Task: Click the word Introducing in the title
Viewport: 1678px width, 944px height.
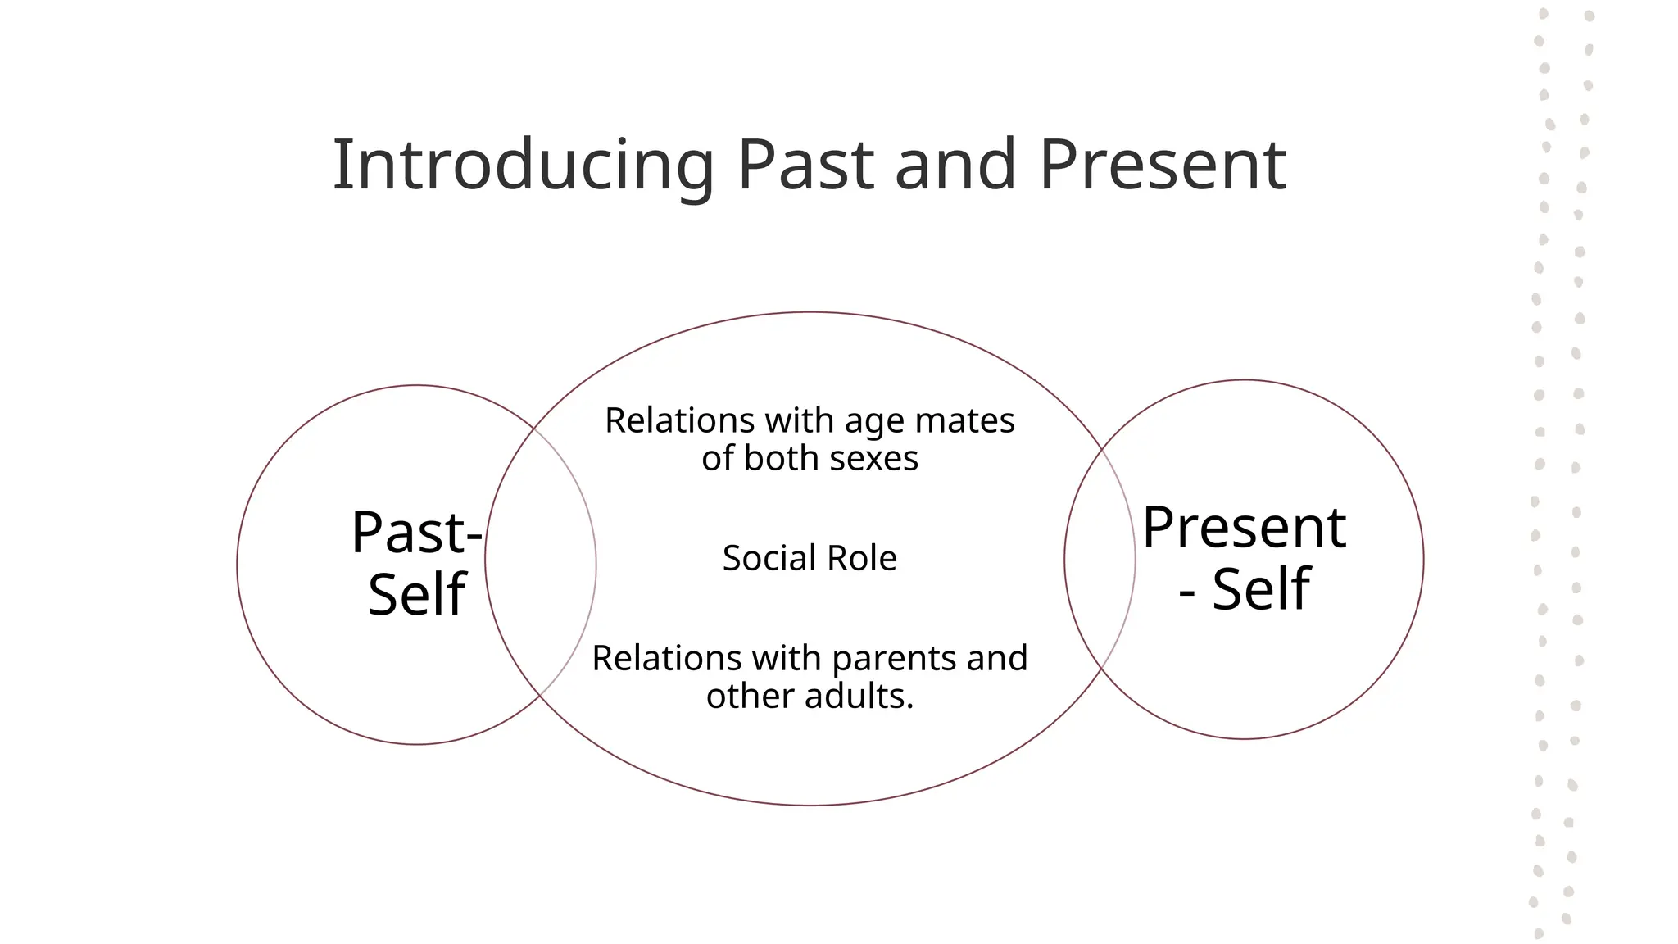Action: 523,166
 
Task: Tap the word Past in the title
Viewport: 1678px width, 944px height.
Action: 805,166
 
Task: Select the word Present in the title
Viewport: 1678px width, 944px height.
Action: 1163,166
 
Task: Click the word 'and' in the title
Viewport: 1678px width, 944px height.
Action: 956,166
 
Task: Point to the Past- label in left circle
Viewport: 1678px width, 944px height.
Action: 416,533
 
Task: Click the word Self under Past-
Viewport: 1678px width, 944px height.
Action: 416,594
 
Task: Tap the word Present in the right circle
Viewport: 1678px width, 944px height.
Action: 1244,528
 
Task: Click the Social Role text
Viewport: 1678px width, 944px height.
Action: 810,559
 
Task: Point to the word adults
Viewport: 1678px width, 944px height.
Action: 859,697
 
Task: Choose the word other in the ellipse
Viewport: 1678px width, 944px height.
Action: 751,697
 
